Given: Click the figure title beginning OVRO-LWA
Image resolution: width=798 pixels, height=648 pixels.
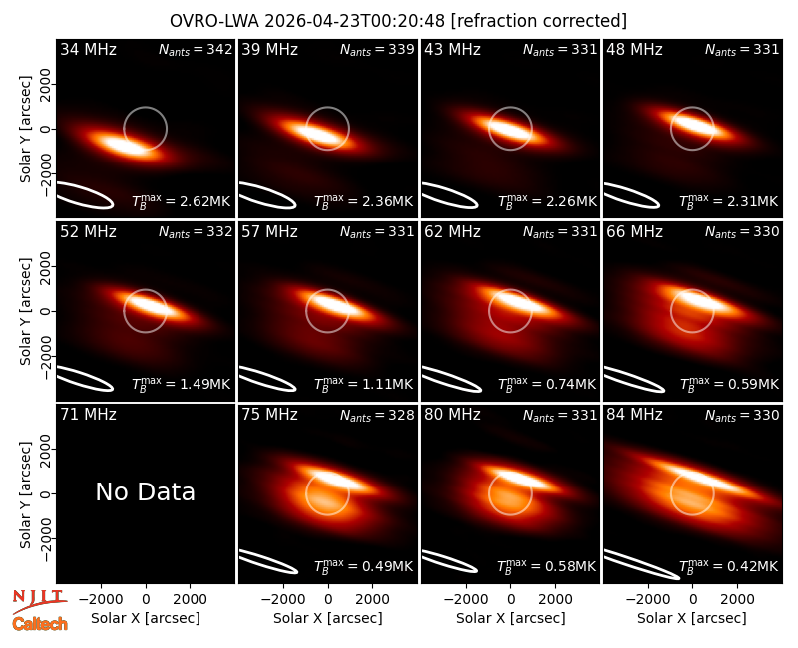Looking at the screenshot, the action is click(x=398, y=21).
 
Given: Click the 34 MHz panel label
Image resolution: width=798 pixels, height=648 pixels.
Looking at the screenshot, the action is click(x=88, y=49).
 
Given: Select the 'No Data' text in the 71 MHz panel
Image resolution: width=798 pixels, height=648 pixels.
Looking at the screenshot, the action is click(x=145, y=491).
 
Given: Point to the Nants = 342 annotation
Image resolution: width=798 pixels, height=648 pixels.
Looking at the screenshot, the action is click(x=196, y=49).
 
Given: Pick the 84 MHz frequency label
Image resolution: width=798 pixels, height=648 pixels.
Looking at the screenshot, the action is click(x=634, y=415).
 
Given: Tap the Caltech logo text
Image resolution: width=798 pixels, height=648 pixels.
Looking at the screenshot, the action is click(x=40, y=624).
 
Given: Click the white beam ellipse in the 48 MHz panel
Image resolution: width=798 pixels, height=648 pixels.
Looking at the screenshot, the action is click(x=631, y=195).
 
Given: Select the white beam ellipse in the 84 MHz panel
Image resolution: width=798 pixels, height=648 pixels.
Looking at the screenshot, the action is click(x=641, y=564).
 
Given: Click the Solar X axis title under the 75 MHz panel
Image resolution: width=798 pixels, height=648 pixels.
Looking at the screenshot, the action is click(x=328, y=618).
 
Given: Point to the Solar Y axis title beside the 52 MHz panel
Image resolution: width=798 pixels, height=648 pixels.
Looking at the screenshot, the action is click(x=25, y=311).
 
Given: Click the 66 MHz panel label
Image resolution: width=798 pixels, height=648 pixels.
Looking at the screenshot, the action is click(x=634, y=232).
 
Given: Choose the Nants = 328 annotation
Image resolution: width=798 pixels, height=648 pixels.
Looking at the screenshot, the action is click(x=377, y=415).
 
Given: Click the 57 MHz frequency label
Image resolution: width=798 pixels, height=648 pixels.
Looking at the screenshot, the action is click(x=269, y=232).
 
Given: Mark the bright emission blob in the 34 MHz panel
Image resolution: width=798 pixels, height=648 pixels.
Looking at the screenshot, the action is click(x=123, y=144).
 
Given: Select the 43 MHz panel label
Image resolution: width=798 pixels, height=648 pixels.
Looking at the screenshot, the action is click(x=453, y=49).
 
